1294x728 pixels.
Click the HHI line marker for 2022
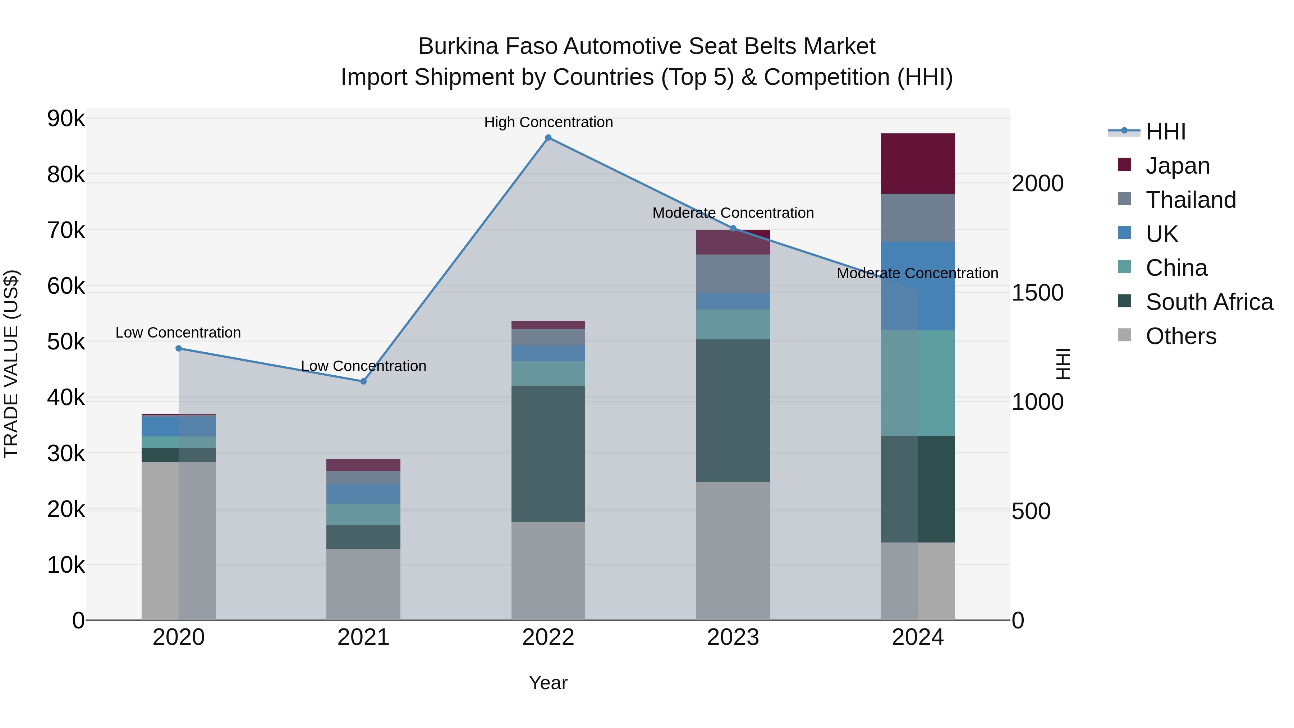click(548, 138)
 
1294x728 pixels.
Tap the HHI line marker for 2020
click(179, 348)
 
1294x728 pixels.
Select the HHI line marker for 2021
click(364, 381)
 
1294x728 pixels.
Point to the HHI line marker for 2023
click(733, 229)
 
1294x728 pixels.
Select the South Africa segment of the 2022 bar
click(548, 454)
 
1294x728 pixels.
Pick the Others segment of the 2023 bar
click(733, 551)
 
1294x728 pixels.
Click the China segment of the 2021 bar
click(364, 514)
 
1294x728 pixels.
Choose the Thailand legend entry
click(1190, 200)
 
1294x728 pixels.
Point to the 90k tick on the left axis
click(66, 119)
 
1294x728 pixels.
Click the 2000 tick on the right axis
click(1037, 183)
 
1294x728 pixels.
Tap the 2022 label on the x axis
click(548, 637)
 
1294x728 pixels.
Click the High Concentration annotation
click(548, 123)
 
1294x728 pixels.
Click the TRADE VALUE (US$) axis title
click(12, 364)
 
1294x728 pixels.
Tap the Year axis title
click(548, 683)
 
